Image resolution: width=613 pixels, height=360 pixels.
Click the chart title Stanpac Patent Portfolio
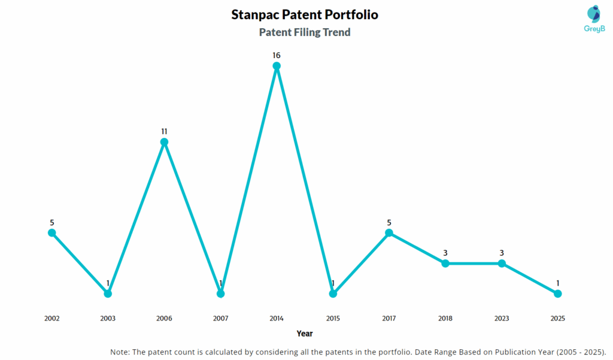[x=305, y=14]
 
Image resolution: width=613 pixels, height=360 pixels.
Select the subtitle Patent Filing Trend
[x=305, y=32]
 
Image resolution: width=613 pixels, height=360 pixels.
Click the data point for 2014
[x=277, y=66]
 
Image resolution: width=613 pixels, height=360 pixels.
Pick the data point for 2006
[x=164, y=142]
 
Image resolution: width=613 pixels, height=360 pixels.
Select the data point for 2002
[x=52, y=232]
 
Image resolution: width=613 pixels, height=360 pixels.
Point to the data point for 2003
[x=108, y=294]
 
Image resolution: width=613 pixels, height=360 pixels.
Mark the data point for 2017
[x=389, y=232]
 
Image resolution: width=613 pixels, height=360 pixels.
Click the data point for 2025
[x=557, y=294]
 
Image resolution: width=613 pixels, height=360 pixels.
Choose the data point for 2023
[x=502, y=263]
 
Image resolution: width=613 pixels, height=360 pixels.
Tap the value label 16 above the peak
[x=277, y=55]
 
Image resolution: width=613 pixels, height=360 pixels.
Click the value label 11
[x=164, y=131]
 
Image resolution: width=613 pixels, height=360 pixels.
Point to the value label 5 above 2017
[x=389, y=222]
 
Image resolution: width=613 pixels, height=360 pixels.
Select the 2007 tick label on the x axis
[x=220, y=318]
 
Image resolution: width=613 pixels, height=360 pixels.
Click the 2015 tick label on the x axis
[x=333, y=318]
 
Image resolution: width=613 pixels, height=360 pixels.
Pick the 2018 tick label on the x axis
[x=445, y=318]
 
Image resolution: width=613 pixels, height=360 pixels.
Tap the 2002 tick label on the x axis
[x=52, y=318]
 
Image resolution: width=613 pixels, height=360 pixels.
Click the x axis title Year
[x=305, y=333]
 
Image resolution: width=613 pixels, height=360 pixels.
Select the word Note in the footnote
[x=120, y=352]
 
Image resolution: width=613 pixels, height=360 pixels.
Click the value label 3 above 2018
[x=445, y=253]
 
